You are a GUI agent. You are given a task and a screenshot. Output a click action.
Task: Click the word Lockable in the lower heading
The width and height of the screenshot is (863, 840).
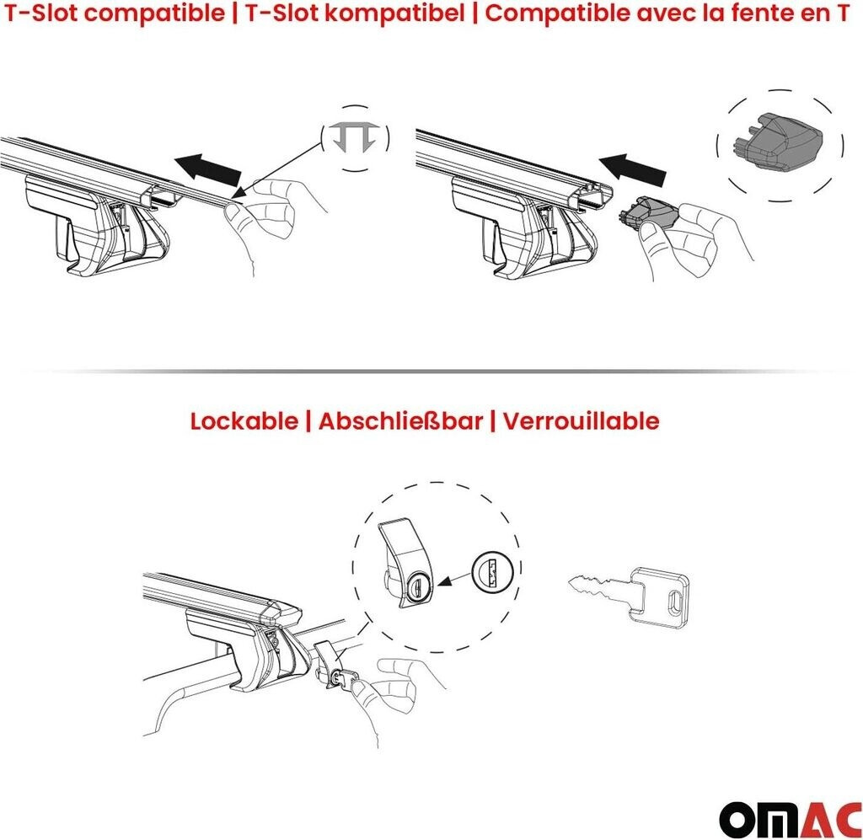tap(244, 421)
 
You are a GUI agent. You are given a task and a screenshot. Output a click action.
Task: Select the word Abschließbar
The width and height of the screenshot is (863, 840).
tap(400, 421)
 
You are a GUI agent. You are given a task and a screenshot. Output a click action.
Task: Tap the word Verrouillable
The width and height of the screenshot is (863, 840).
tap(581, 421)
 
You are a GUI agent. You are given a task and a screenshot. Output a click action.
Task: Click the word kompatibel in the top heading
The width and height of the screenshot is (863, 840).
tap(394, 13)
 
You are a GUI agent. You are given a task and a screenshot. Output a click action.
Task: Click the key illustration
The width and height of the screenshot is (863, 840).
tap(629, 597)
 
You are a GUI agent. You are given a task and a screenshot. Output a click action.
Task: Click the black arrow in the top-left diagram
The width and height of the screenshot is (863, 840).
tap(209, 169)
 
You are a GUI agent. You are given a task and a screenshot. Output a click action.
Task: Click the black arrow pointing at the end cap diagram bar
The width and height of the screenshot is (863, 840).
tap(632, 169)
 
